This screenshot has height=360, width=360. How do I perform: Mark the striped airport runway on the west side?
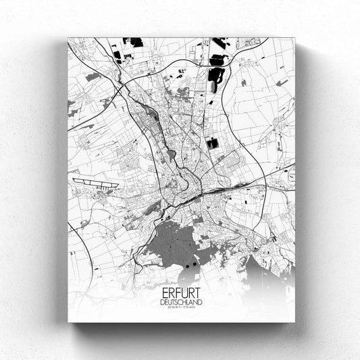pos(94,182)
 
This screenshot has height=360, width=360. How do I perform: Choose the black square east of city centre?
pos(213,143)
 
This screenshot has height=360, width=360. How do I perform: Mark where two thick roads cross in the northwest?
pos(120,87)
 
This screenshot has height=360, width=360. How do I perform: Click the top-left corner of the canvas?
pos(68,38)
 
